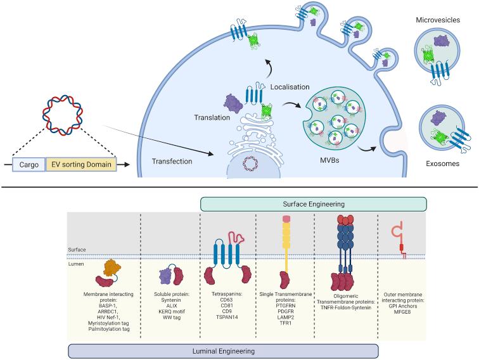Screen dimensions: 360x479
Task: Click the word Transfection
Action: point(172,162)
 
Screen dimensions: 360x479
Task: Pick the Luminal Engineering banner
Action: point(223,350)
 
